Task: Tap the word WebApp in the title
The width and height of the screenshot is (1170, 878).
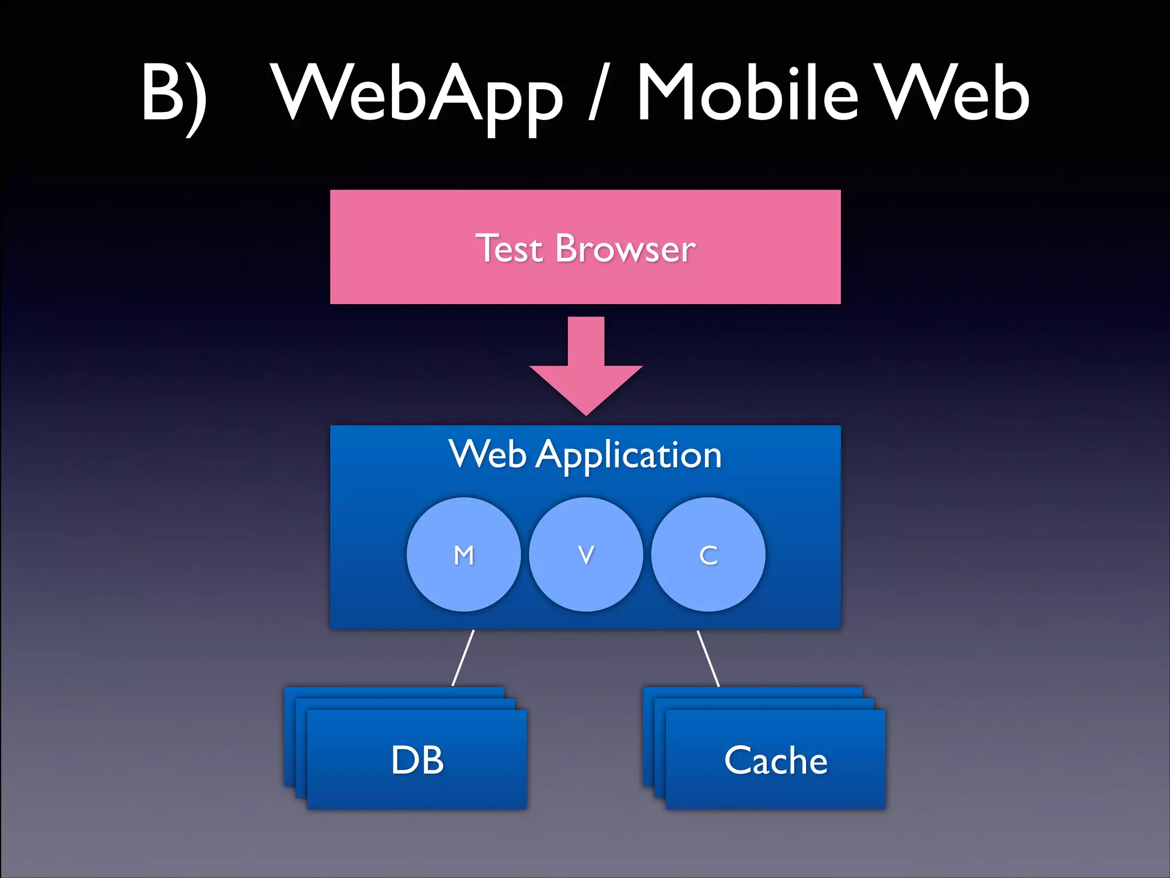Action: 417,94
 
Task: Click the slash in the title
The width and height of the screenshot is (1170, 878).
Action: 596,94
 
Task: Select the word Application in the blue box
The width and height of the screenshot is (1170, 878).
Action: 628,456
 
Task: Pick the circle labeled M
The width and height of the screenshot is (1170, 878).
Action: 463,554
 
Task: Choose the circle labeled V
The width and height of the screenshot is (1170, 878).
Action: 586,554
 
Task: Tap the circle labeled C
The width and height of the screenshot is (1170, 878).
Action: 708,554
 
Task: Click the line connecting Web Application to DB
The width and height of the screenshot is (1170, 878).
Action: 463,657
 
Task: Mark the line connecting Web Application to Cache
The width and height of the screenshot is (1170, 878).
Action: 708,657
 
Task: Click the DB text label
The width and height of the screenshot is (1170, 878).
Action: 417,760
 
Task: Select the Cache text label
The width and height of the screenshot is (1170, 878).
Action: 775,760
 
